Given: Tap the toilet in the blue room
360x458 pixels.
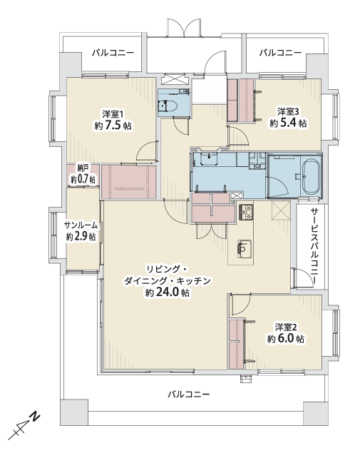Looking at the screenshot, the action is [x=168, y=106].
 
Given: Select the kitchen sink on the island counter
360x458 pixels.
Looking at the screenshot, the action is [x=245, y=249].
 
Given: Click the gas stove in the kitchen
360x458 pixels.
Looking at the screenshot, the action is [x=246, y=213].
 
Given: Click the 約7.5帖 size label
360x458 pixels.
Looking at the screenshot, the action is [x=113, y=126].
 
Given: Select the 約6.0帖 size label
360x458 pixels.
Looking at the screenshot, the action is [x=285, y=339].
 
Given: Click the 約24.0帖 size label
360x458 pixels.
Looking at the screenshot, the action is [x=167, y=292].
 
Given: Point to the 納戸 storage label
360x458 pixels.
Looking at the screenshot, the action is [x=83, y=168].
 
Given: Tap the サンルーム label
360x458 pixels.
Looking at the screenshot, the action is [x=81, y=225].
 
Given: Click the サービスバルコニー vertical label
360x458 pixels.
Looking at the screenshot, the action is [x=314, y=245].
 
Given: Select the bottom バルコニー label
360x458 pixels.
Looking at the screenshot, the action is [x=189, y=395].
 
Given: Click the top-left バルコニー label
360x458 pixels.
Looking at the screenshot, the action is [x=113, y=53].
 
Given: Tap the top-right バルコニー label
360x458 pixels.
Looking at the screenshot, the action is [x=280, y=53].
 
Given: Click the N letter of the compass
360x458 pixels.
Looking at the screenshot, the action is [x=36, y=416].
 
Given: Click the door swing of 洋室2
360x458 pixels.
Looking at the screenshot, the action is [x=241, y=305].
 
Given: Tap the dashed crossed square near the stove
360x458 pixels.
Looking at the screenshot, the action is [x=281, y=210].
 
